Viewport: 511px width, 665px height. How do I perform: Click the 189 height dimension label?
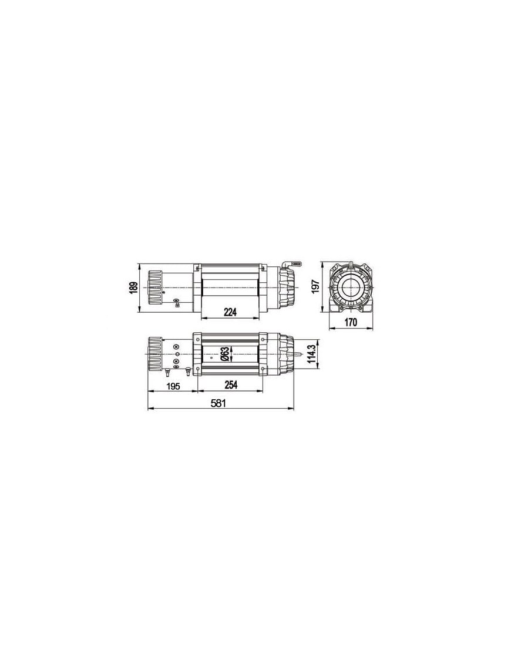(x=134, y=288)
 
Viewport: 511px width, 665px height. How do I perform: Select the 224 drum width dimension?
(x=230, y=313)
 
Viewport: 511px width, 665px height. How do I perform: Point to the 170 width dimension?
(x=351, y=322)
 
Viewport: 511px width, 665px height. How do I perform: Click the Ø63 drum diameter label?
(x=224, y=355)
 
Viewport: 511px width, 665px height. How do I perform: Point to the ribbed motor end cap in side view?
(x=154, y=288)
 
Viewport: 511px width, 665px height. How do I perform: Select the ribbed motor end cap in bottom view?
(x=154, y=354)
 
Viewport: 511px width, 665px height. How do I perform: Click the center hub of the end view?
(x=351, y=288)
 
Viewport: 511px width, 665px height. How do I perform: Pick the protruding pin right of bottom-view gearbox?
(x=301, y=355)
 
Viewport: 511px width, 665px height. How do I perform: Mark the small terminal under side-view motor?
(x=176, y=304)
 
